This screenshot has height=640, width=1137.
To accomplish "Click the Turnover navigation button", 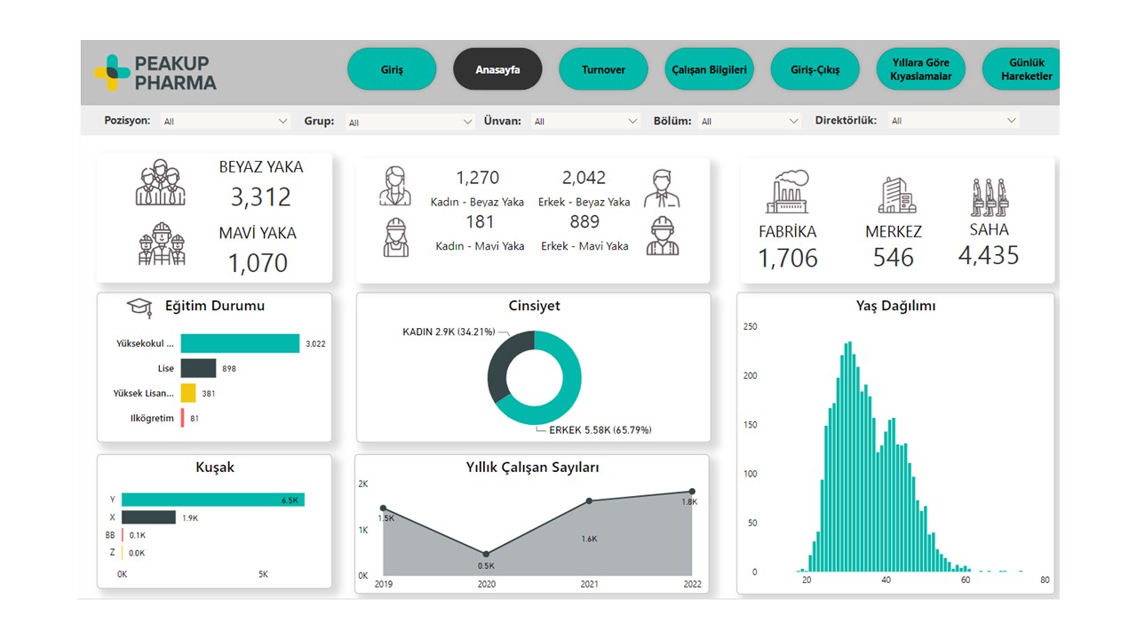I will [x=603, y=69].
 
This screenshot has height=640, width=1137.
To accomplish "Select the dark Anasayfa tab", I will [x=497, y=69].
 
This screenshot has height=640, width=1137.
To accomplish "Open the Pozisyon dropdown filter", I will [x=226, y=121].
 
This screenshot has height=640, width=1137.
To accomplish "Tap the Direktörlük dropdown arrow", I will [x=1011, y=120].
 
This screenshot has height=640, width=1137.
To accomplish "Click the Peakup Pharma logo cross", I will [x=112, y=73].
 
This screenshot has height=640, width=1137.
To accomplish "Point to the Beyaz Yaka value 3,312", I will [x=260, y=196].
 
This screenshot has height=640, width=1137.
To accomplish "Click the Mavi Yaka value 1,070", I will [x=258, y=263].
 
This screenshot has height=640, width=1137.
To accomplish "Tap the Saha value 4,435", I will [x=988, y=256].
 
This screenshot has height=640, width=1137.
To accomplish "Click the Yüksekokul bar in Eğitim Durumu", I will [x=240, y=344].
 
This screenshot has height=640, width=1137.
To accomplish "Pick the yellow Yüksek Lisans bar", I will [x=188, y=393].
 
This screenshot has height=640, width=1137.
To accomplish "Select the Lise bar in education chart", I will [x=198, y=368].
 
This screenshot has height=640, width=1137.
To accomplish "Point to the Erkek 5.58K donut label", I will [x=600, y=430].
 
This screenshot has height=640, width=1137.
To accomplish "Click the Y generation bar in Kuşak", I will [x=212, y=500].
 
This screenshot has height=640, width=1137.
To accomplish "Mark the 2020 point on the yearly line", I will [x=486, y=554].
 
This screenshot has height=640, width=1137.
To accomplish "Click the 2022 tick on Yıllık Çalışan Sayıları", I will [x=692, y=584].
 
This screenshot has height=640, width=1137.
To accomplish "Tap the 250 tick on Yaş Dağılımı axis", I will [x=751, y=326].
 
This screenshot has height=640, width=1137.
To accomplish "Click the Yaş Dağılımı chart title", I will [x=895, y=306].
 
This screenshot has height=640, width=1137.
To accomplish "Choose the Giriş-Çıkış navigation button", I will [x=815, y=69].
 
